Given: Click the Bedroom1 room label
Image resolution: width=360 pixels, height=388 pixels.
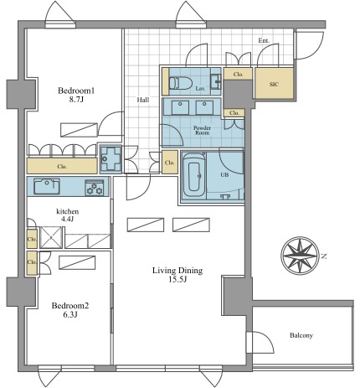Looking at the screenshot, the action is pyautogui.click(x=76, y=91).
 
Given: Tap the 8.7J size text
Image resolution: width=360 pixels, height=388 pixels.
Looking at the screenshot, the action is pyautogui.click(x=76, y=99).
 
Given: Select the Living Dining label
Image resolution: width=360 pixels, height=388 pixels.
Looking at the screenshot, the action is pyautogui.click(x=177, y=271).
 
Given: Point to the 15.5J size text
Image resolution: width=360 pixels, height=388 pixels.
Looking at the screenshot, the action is pyautogui.click(x=177, y=279).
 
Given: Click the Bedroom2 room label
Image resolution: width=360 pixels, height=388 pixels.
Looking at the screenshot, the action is pyautogui.click(x=70, y=306).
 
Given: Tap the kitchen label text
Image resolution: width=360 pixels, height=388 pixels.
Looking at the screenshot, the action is pyautogui.click(x=68, y=211).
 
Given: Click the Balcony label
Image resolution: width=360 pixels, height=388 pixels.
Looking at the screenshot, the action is pyautogui.click(x=301, y=335).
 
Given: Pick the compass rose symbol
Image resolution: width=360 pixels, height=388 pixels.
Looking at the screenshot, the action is pyautogui.click(x=300, y=255).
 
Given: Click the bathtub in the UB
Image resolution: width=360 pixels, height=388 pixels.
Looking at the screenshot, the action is pyautogui.click(x=194, y=176).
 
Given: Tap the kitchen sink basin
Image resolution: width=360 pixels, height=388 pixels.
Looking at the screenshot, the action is pyautogui.click(x=47, y=186).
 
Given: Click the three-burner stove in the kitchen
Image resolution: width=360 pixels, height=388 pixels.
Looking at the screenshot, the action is pyautogui.click(x=94, y=188).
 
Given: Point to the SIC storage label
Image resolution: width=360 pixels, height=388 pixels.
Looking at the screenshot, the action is pyautogui.click(x=274, y=84).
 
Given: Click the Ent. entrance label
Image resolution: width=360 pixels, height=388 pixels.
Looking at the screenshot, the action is pyautogui.click(x=264, y=41).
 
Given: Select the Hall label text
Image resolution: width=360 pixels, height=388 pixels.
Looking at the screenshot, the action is pyautogui.click(x=143, y=100).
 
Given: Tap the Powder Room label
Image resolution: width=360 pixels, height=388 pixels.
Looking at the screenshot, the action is pyautogui.click(x=203, y=131).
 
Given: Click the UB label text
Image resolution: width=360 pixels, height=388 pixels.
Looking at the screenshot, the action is pyautogui.click(x=224, y=175).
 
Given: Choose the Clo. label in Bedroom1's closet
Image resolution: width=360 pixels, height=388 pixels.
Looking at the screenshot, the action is pyautogui.click(x=62, y=166).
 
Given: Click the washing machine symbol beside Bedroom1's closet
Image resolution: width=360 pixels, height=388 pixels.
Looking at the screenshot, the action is pyautogui.click(x=111, y=158).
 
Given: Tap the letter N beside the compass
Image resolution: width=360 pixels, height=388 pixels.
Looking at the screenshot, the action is pyautogui.click(x=324, y=256).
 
